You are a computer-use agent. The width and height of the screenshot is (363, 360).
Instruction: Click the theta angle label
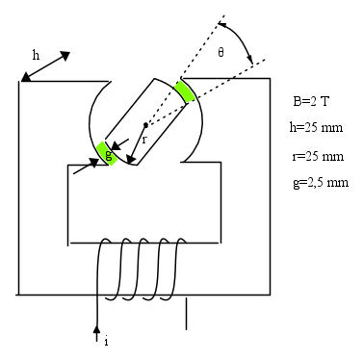[x=220, y=52]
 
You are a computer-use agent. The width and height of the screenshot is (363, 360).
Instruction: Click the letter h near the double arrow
[x=36, y=55]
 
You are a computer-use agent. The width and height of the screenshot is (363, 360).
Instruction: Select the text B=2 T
[x=311, y=101]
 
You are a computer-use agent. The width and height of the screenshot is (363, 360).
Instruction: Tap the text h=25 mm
[x=316, y=127]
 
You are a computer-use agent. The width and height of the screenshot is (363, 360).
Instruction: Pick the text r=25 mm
[x=318, y=156]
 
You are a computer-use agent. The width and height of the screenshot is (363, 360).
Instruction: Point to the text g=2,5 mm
[x=321, y=183]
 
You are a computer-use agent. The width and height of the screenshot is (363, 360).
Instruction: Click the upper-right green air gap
[x=185, y=91]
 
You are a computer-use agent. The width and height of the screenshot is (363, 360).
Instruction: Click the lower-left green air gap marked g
[x=107, y=153]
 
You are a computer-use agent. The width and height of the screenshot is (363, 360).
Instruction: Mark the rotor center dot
[x=145, y=125]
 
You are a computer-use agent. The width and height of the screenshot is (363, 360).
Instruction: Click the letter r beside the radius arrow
[x=144, y=140]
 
